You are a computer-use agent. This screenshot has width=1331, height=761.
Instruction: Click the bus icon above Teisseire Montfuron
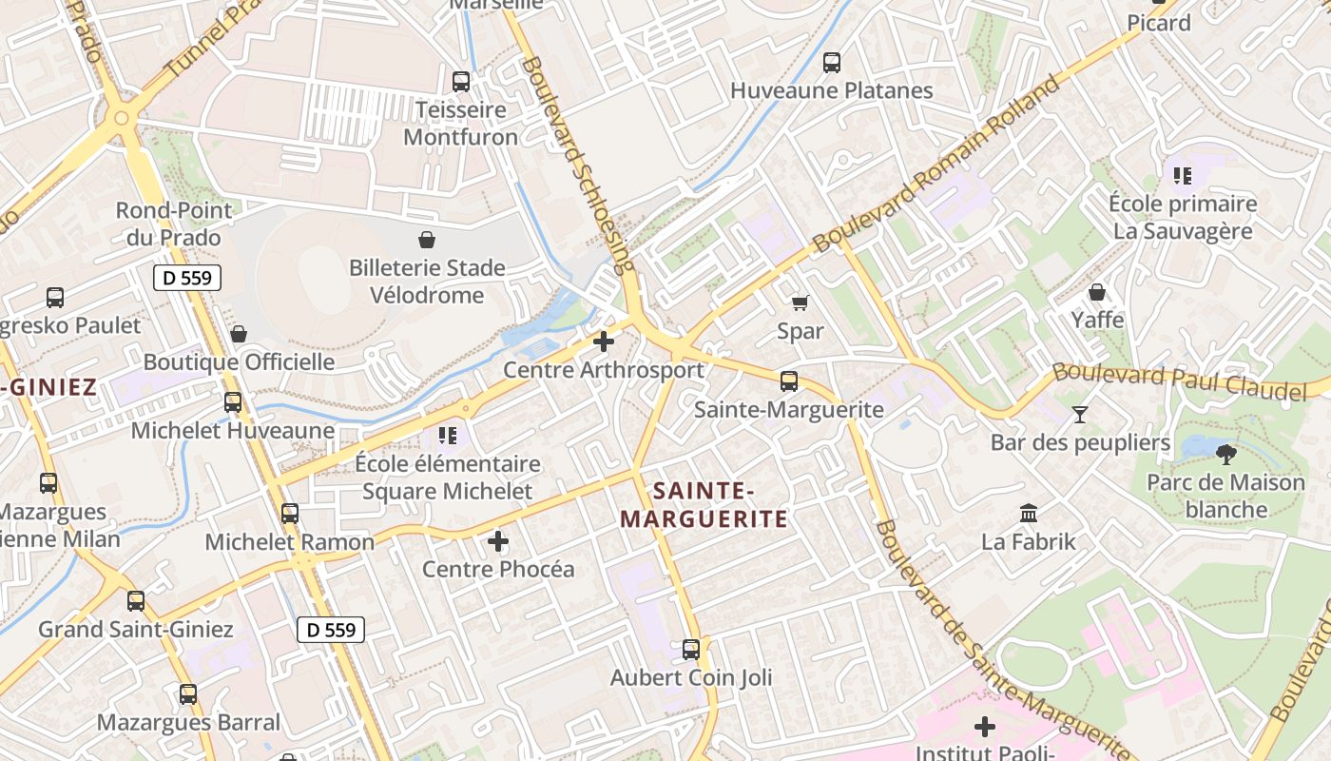point(461,82)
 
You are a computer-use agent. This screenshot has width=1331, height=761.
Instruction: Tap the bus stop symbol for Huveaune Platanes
point(832,63)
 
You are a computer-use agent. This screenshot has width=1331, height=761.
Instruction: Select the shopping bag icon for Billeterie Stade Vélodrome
point(427,240)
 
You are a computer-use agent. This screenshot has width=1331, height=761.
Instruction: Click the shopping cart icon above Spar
point(800,302)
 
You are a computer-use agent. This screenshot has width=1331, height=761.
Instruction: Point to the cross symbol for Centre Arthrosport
point(604,341)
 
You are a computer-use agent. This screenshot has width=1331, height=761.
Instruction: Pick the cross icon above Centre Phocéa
point(498,541)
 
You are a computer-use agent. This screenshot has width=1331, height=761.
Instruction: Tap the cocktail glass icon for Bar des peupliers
point(1079,414)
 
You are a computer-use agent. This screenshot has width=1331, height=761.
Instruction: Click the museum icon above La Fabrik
point(1029,514)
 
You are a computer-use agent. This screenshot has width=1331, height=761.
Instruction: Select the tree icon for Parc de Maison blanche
point(1226,454)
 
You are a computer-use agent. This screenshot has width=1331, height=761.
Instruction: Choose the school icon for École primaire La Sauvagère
point(1183,175)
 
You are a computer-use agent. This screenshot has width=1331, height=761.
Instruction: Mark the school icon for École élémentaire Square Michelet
point(448,436)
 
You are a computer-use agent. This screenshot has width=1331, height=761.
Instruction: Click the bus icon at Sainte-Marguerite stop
point(789,381)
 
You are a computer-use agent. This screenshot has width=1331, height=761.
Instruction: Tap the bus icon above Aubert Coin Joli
point(691,650)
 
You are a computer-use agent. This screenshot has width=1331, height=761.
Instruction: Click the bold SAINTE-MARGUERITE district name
point(704,505)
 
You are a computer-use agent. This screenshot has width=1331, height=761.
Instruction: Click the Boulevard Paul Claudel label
point(1179,381)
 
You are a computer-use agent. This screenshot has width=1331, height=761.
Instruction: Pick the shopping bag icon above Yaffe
point(1097,292)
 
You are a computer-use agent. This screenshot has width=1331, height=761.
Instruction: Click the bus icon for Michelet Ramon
point(290,514)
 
